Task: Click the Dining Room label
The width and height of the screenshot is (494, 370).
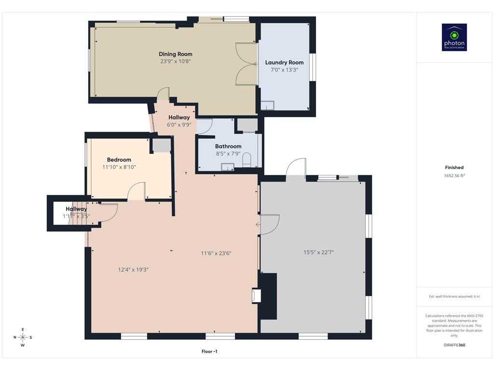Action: click(176, 54)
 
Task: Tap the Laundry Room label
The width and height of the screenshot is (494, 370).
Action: click(284, 63)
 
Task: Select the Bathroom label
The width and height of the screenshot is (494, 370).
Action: click(228, 146)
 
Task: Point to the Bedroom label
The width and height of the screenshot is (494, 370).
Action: click(119, 160)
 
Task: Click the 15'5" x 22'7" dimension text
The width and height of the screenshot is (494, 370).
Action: click(318, 252)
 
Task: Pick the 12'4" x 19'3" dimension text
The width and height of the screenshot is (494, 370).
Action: click(133, 270)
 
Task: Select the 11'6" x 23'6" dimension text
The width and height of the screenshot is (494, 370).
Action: click(216, 253)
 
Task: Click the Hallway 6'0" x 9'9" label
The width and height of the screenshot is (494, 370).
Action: click(179, 121)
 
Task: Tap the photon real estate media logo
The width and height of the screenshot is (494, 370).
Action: click(454, 37)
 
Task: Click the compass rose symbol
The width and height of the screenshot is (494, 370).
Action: click(23, 337)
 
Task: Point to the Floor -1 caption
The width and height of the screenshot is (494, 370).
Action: click(209, 351)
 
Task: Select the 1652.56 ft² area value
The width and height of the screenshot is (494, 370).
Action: click(454, 175)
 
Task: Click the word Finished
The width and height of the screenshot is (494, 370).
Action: click(454, 167)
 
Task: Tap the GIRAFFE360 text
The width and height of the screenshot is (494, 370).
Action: click(454, 345)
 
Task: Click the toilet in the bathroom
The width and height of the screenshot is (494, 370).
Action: click(247, 159)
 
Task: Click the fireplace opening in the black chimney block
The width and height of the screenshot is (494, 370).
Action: click(256, 296)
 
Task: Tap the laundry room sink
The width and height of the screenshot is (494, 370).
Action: click(267, 106)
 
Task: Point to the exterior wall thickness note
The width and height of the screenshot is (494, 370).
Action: click(454, 296)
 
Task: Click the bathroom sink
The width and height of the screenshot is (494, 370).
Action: click(228, 167)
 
